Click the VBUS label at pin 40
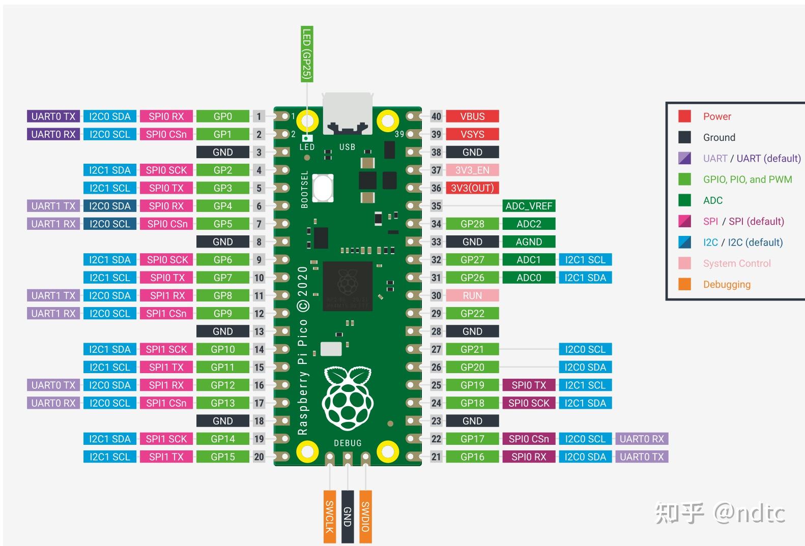[472, 116]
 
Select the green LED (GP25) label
[306, 54]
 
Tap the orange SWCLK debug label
[329, 517]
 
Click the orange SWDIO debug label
[365, 517]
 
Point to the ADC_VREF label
[528, 206]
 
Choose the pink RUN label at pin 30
[472, 295]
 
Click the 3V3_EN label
[472, 170]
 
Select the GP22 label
[472, 314]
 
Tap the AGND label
[528, 242]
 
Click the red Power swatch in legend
[684, 116]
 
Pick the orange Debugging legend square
[684, 285]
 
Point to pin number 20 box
[259, 457]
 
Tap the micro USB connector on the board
[348, 113]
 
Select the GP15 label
[223, 457]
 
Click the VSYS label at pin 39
[472, 134]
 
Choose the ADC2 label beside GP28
[528, 224]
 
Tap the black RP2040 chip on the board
[348, 286]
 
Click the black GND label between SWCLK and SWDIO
[348, 517]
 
